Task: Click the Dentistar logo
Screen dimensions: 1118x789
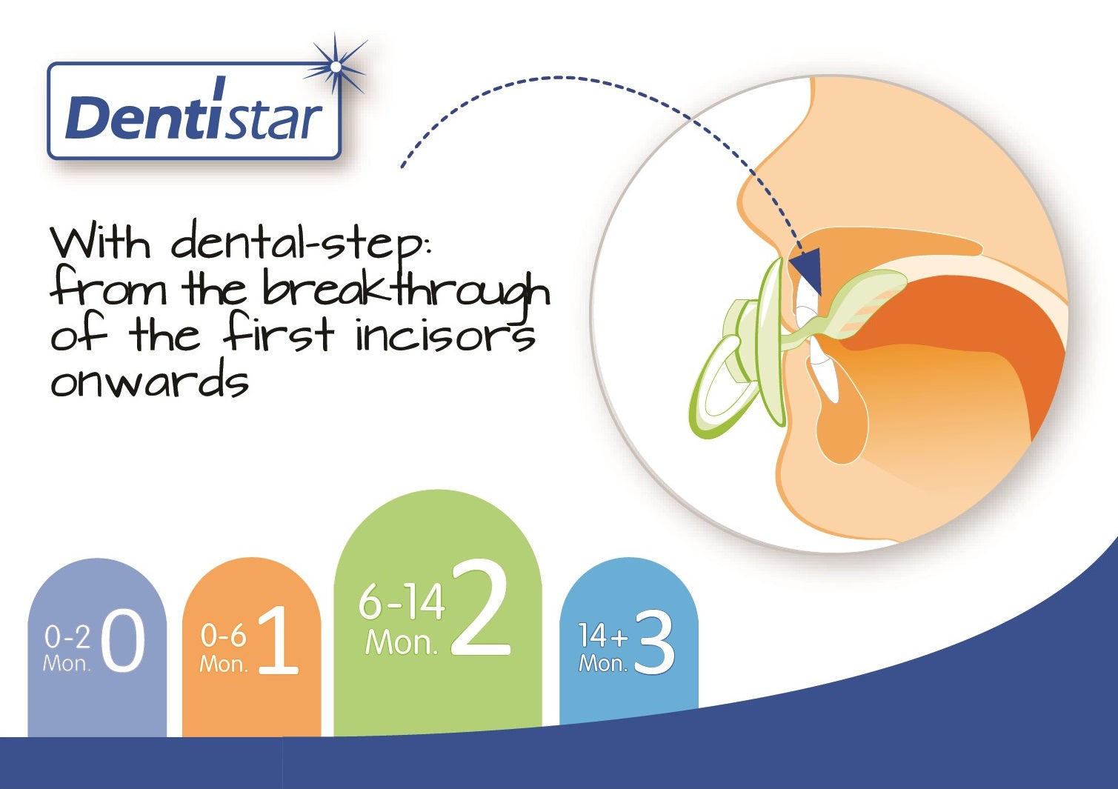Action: pos(195,110)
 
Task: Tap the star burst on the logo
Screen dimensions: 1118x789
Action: pos(336,67)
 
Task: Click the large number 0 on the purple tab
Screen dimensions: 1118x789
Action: pos(123,642)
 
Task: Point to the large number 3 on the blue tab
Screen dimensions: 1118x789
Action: pos(655,644)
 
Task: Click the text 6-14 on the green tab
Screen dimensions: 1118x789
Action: pos(402,602)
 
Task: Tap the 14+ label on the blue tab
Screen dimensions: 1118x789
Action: pos(603,636)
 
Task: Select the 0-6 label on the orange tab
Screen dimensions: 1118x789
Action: pos(223,636)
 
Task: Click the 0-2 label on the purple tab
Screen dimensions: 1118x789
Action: pos(67,637)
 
